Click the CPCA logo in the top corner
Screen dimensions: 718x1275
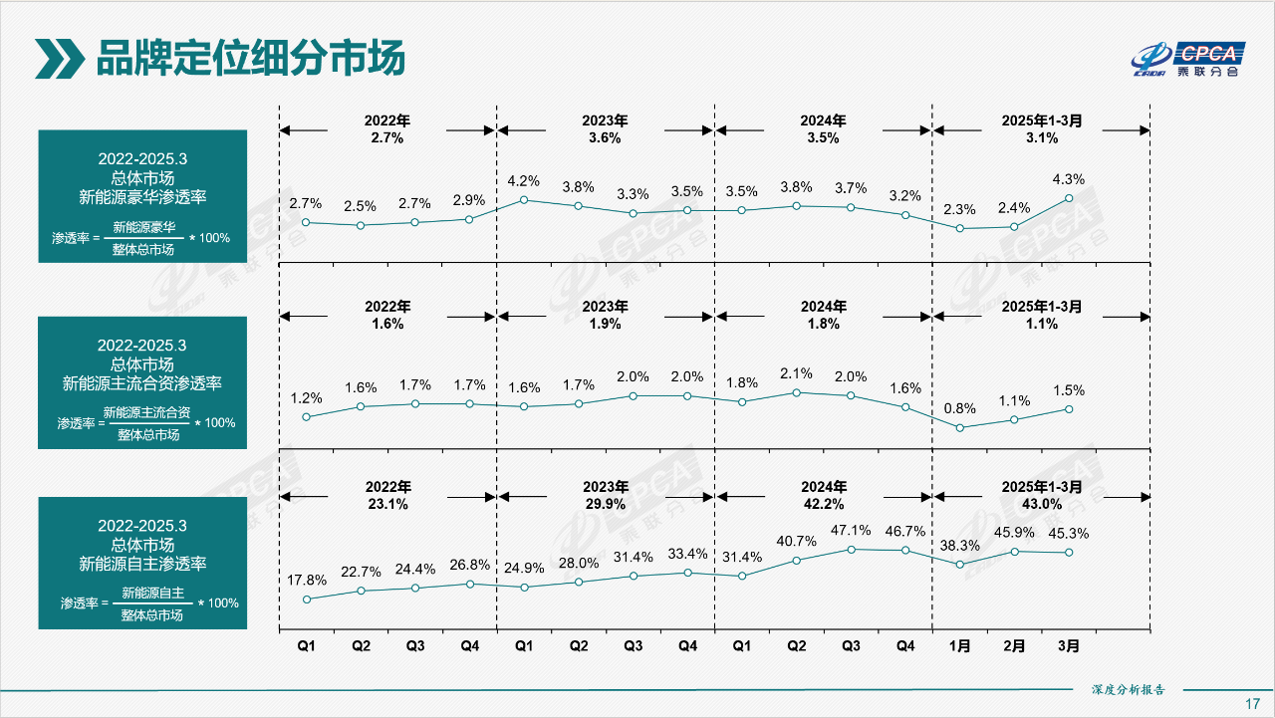[x=1186, y=59]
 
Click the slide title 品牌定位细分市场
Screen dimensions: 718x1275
[x=250, y=59]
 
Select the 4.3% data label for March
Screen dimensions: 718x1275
[x=1069, y=179]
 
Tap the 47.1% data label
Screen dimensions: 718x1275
[x=851, y=531]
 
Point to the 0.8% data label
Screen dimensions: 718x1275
[x=959, y=408]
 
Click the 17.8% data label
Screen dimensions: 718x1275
[x=307, y=580]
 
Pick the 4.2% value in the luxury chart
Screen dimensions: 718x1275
[x=523, y=181]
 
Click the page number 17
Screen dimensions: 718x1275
[x=1253, y=703]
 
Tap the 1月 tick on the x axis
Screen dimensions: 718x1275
[x=959, y=646]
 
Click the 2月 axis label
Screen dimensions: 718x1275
[x=1014, y=646]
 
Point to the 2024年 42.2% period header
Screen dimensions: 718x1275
[x=823, y=496]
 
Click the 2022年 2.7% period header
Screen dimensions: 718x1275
[x=386, y=129]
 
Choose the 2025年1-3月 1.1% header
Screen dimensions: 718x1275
[x=1042, y=315]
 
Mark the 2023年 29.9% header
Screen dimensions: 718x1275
[x=605, y=496]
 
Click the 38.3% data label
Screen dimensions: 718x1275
[x=959, y=546]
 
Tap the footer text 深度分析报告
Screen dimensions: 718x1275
[x=1128, y=689]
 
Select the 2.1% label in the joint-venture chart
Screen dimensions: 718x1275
[x=796, y=373]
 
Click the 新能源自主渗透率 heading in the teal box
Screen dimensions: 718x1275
[x=142, y=564]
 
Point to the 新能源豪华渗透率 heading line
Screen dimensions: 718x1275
[x=142, y=196]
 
